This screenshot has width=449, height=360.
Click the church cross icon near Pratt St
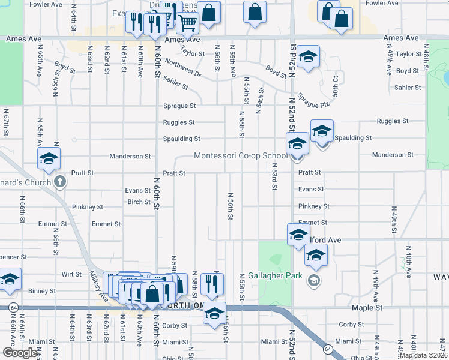pos(59,181)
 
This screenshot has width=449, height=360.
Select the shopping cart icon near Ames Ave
pos(187,23)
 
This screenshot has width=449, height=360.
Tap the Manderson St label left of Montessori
pos(130,157)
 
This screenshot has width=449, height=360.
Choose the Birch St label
pos(139,202)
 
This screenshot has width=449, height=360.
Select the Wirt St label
pos(71,274)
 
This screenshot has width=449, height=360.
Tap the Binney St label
pos(42,291)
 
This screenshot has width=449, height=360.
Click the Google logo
pos(20,353)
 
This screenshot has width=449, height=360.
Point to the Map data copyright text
pos(423,355)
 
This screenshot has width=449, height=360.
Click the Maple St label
pos(367,308)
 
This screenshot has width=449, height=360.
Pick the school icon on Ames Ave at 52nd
pos(309,57)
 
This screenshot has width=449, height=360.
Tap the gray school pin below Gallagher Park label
pos(313,280)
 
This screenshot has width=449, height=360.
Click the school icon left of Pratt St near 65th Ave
pos(48,158)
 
